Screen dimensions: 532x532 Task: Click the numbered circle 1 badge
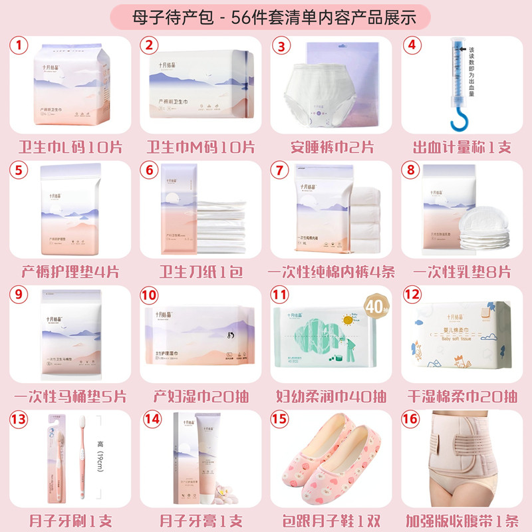(x=20, y=46)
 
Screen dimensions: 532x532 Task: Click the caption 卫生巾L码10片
(x=68, y=146)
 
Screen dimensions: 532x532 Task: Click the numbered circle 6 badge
(x=150, y=171)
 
